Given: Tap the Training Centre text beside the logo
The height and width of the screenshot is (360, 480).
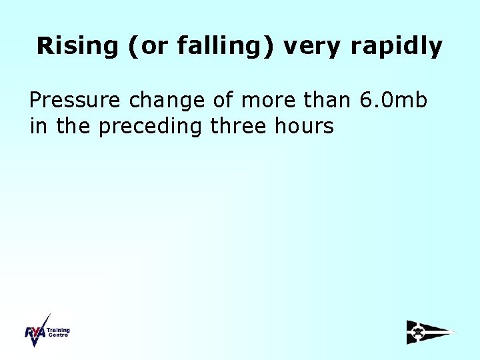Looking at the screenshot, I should pyautogui.click(x=58, y=331).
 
